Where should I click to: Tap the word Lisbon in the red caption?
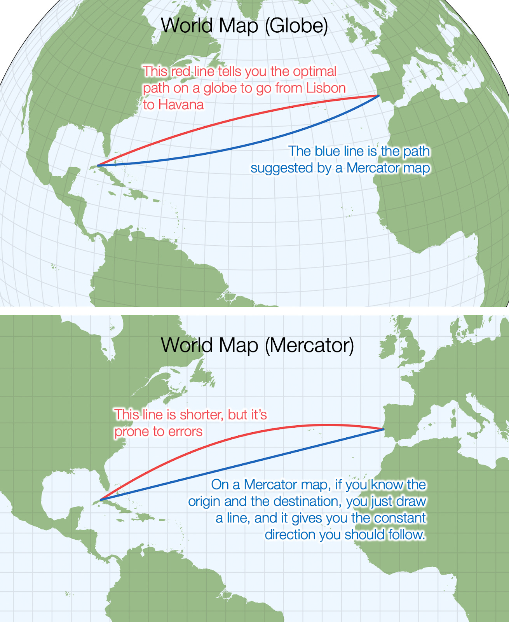(x=326, y=88)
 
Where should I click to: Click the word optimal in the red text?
(x=315, y=72)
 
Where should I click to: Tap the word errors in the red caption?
(x=185, y=432)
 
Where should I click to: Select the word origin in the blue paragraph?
(x=204, y=501)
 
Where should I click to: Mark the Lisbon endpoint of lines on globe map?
(x=379, y=95)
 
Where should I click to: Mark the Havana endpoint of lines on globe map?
(x=97, y=166)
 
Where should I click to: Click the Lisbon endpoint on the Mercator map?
(x=384, y=429)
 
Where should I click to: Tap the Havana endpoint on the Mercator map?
(x=100, y=500)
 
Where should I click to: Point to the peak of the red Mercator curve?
(x=326, y=425)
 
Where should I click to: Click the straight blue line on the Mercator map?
(x=241, y=465)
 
